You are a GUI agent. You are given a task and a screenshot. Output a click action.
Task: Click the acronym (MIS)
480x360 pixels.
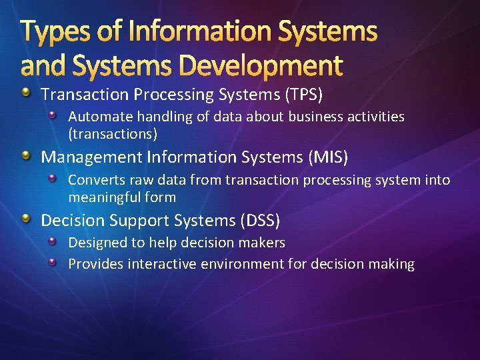click(x=327, y=157)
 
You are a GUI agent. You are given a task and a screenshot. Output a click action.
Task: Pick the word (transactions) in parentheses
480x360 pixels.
click(x=113, y=134)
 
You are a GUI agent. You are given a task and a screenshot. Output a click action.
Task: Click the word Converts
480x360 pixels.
click(x=95, y=180)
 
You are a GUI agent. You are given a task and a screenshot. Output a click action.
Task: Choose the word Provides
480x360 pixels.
click(x=95, y=264)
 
